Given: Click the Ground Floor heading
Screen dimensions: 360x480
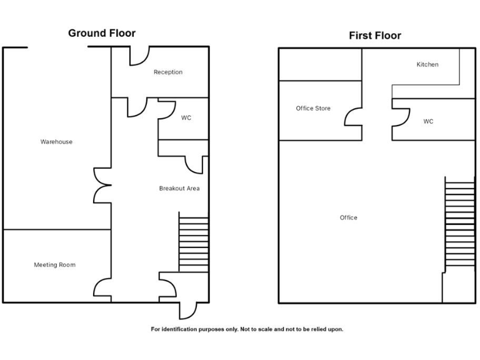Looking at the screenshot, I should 101,33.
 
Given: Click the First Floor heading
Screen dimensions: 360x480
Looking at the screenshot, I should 374,36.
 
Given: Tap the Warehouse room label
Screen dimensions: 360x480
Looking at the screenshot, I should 56,142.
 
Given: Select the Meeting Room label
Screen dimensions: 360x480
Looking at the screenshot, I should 54,265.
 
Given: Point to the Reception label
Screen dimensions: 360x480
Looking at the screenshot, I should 168,72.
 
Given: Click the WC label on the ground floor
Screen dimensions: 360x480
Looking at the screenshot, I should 186,117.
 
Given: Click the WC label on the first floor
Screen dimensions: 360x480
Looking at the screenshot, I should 428,121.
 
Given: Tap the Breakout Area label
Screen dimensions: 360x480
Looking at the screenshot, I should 179,188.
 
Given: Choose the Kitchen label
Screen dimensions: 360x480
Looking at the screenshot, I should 427,64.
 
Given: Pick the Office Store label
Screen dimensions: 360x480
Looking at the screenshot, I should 313,109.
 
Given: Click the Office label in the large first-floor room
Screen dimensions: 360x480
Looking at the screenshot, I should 349,217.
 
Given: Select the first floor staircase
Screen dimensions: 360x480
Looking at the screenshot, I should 459,222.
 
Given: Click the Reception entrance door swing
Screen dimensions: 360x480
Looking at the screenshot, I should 138,57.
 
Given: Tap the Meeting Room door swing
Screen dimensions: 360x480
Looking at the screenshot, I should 102,288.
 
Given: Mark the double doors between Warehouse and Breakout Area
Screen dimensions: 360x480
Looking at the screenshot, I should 102,185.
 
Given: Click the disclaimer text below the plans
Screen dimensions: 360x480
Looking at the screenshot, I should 247,329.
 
